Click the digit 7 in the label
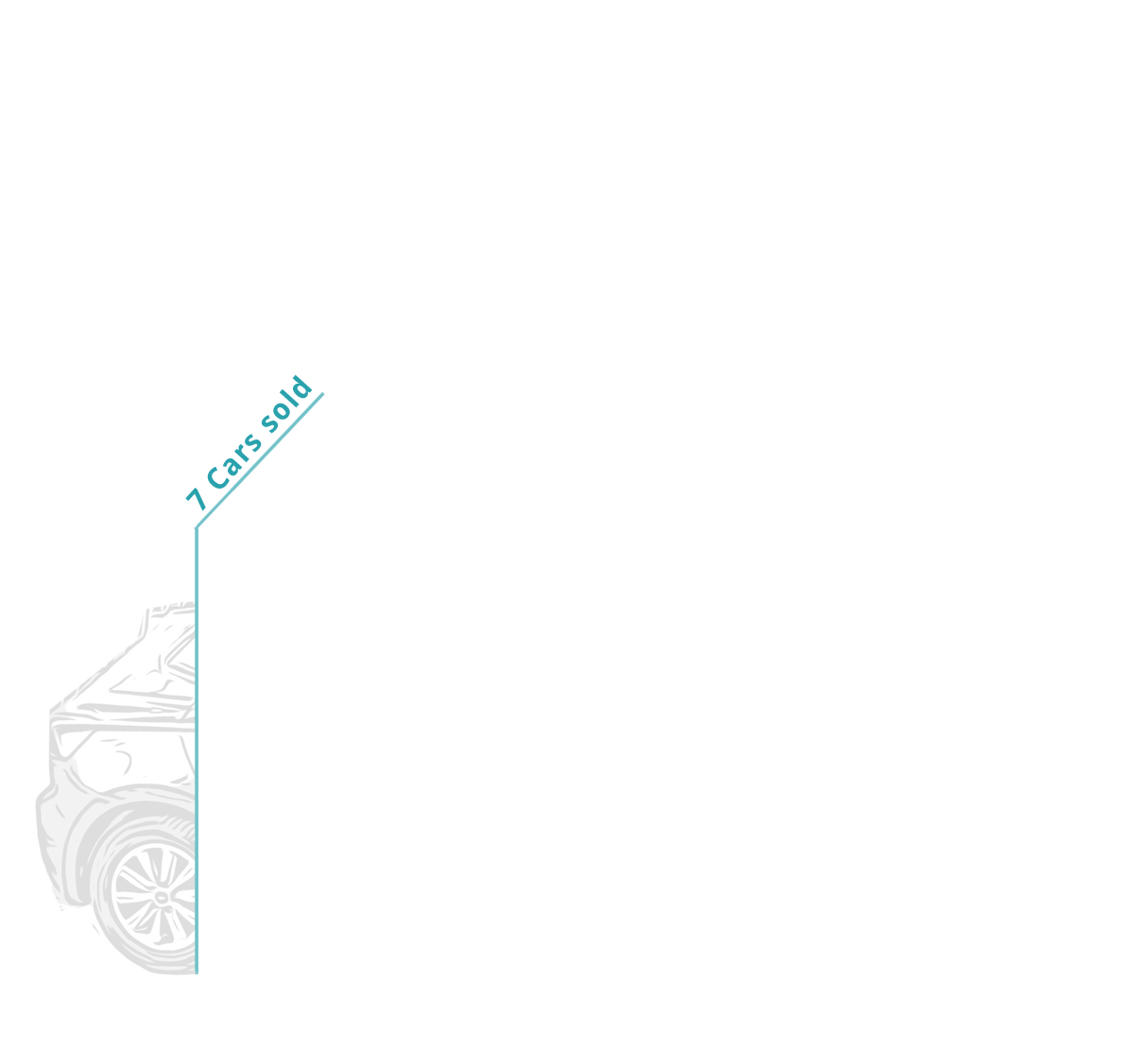(198, 499)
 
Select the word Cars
(234, 463)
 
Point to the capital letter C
(217, 478)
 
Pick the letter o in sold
(282, 411)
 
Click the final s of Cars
(254, 443)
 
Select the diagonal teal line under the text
(260, 460)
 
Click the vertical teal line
(197, 751)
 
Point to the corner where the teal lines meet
(197, 528)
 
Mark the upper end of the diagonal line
(323, 393)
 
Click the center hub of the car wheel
(163, 898)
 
